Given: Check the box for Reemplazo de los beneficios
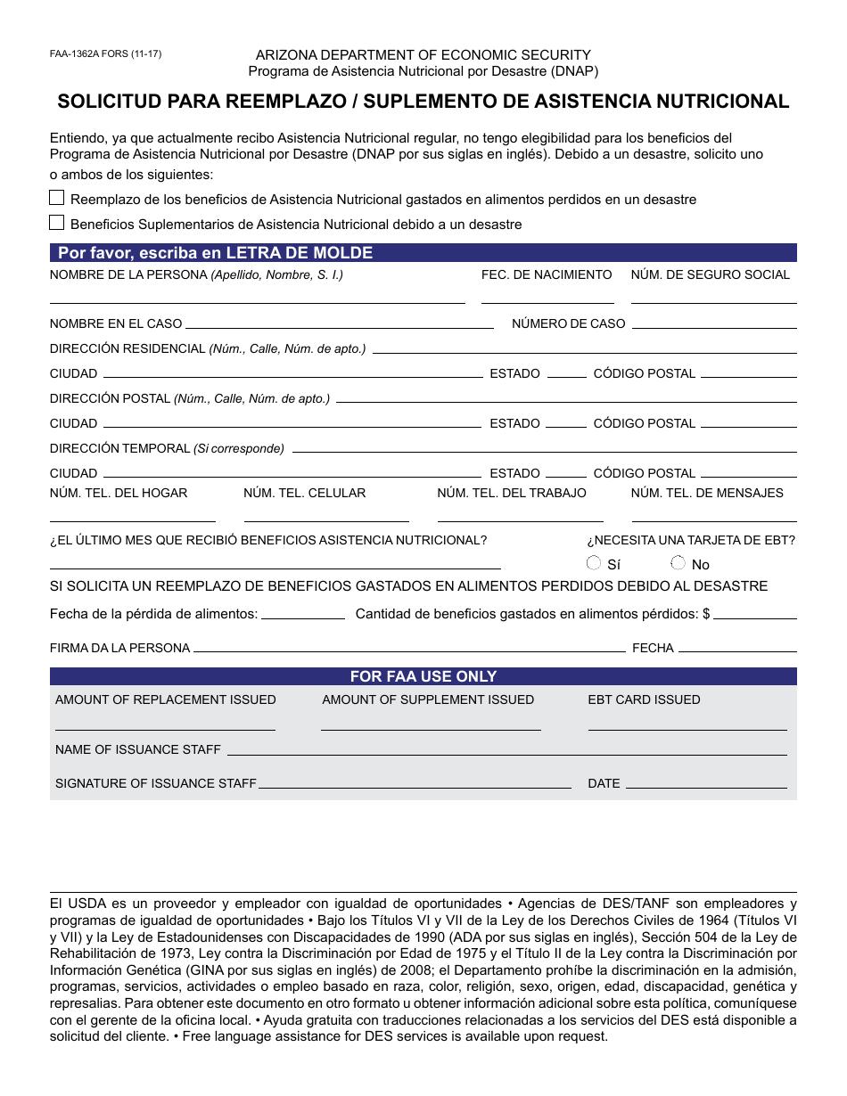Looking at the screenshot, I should (57, 198).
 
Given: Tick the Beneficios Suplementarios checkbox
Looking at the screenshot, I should (57, 223).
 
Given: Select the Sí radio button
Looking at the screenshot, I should (594, 562).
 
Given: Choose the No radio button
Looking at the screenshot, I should (678, 562).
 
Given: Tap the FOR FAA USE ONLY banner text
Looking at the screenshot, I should (423, 676).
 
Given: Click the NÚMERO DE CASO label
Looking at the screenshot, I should (568, 323).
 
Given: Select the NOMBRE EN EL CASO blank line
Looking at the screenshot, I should (339, 327).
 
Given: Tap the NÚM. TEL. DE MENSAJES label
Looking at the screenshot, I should (707, 493).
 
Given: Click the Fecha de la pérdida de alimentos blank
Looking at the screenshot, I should (302, 617).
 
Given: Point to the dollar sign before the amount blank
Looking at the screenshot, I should (706, 614).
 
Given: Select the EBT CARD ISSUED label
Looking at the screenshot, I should (644, 699).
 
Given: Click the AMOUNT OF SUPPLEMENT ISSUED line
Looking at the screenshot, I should (431, 728).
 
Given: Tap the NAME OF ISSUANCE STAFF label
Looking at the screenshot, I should (138, 749).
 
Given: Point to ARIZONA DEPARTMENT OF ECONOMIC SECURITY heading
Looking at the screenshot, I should (423, 55).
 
